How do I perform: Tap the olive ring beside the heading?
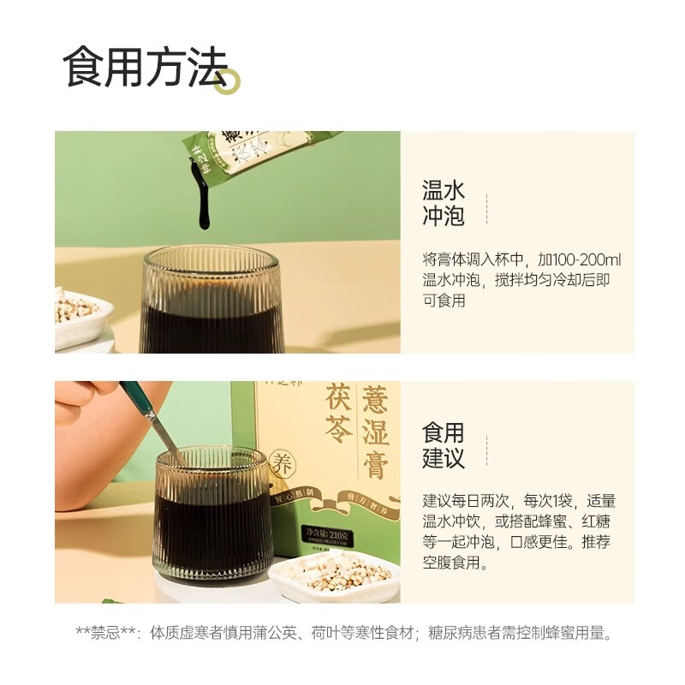pos(228,81)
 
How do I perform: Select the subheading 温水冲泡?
pos(443,202)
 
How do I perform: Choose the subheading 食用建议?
pos(443,444)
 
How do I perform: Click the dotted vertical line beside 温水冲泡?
pos(486,211)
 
